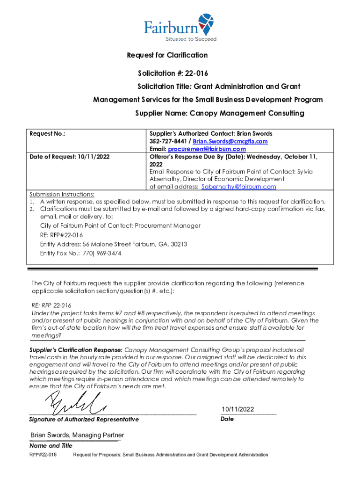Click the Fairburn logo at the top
point(180,26)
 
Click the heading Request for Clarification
point(167,55)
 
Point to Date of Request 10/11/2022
point(70,156)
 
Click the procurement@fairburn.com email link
point(207,149)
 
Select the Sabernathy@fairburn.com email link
point(238,187)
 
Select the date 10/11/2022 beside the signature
point(238,409)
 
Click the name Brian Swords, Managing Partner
point(77,435)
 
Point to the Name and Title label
point(51,445)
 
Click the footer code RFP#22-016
point(43,455)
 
